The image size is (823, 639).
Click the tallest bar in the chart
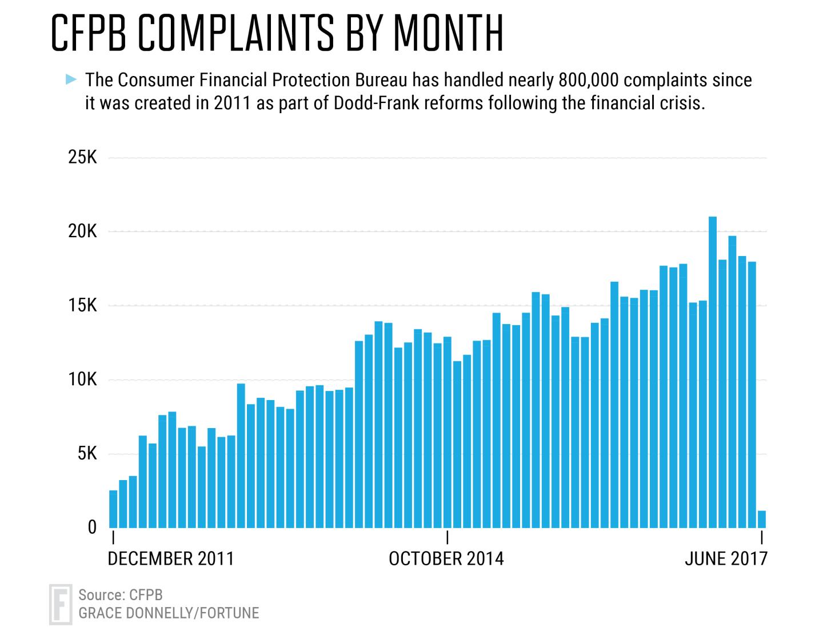[712, 372]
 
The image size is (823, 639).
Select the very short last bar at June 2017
[761, 520]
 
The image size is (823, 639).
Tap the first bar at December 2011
[113, 509]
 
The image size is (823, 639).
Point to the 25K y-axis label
[82, 157]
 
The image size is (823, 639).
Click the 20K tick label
[82, 231]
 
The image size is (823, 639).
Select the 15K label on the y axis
[82, 305]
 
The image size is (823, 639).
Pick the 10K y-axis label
[82, 379]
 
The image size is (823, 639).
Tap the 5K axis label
[87, 453]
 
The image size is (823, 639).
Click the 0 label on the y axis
[92, 527]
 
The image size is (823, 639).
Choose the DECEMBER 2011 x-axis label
[171, 559]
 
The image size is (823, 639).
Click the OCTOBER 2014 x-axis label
[446, 559]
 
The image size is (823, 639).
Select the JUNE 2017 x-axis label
[726, 559]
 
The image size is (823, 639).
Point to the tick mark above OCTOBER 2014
[448, 537]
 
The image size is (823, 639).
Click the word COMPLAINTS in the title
[236, 33]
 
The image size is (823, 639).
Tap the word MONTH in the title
[449, 33]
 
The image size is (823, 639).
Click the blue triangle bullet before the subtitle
[71, 79]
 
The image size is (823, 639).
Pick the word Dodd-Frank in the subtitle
[376, 103]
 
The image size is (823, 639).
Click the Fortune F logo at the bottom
[61, 605]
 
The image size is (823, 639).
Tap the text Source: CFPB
[121, 595]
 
